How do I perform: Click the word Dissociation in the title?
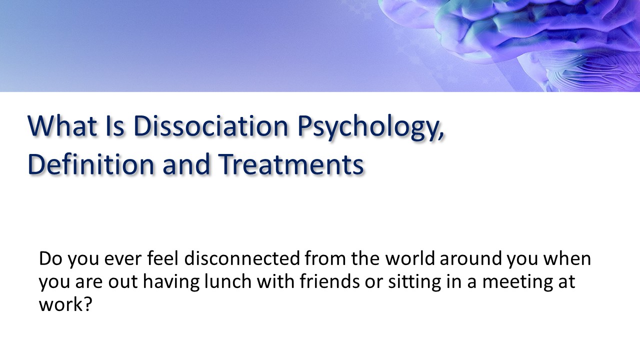click(212, 126)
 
